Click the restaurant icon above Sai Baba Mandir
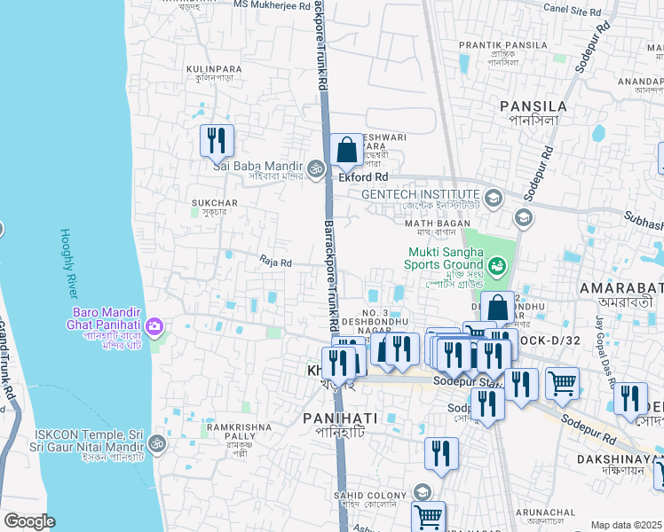click(216, 140)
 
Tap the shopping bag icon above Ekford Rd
click(347, 151)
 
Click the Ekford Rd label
click(364, 177)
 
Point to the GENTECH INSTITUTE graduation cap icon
click(494, 195)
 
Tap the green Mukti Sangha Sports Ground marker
click(498, 263)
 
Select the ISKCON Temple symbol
click(156, 442)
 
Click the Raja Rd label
click(275, 262)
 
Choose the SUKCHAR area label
click(214, 203)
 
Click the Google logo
click(29, 521)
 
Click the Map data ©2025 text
click(627, 525)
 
